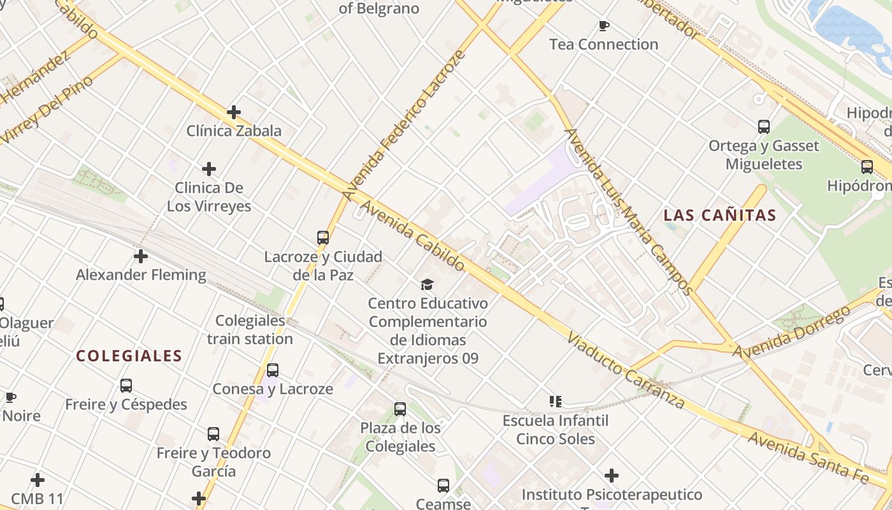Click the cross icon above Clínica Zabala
pyautogui.click(x=234, y=112)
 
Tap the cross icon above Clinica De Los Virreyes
pyautogui.click(x=208, y=169)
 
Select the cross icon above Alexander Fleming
pyautogui.click(x=140, y=256)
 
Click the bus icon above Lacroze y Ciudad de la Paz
pyautogui.click(x=323, y=238)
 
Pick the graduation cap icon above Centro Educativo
pyautogui.click(x=427, y=284)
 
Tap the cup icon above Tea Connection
pyautogui.click(x=603, y=25)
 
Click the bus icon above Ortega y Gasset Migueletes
pyautogui.click(x=764, y=127)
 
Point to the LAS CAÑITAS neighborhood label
pyautogui.click(x=720, y=215)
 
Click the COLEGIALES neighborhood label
pyautogui.click(x=129, y=356)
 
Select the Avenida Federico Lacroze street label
pyautogui.click(x=404, y=126)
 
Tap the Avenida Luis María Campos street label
pyautogui.click(x=628, y=211)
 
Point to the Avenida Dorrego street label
pyautogui.click(x=791, y=331)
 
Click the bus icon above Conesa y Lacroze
pyautogui.click(x=273, y=370)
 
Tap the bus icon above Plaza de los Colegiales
pyautogui.click(x=400, y=409)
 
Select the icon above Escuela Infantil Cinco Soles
pyautogui.click(x=556, y=402)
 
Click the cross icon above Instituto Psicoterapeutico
pyautogui.click(x=612, y=476)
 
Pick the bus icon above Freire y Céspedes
pyautogui.click(x=126, y=386)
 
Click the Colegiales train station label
pyautogui.click(x=250, y=330)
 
